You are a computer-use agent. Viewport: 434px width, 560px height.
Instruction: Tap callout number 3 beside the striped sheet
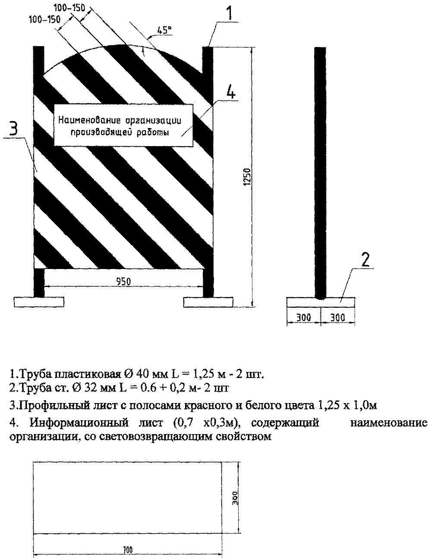tap(13, 129)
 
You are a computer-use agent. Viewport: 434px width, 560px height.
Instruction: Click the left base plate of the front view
tap(39, 302)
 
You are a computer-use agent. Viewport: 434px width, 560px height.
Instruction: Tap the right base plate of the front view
tap(208, 302)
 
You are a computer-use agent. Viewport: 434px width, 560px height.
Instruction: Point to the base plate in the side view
tap(321, 301)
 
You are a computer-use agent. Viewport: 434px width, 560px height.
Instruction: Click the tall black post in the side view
tap(321, 172)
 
